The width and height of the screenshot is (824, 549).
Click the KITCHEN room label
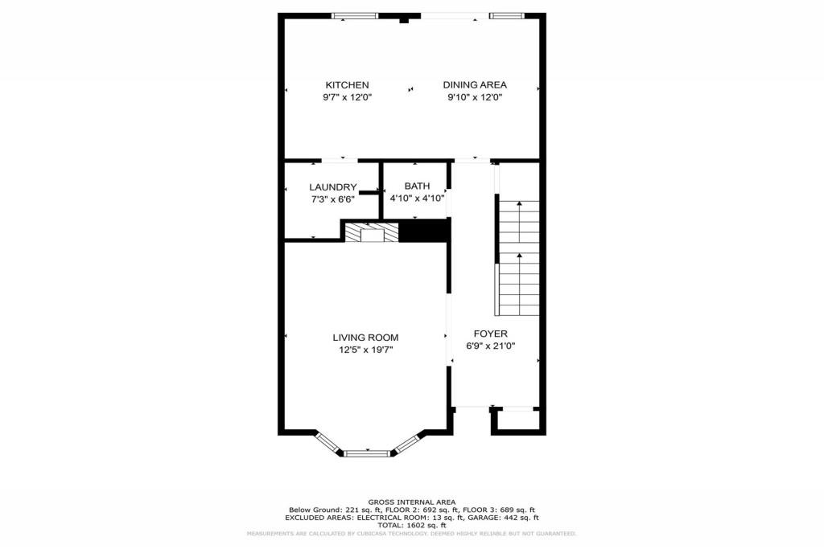[347, 85]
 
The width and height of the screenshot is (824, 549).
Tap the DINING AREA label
[475, 85]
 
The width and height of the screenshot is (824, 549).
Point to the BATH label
[417, 186]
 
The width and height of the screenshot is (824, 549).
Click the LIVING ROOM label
[366, 338]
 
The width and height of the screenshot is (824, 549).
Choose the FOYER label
[490, 334]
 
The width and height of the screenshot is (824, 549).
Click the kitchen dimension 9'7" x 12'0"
[347, 97]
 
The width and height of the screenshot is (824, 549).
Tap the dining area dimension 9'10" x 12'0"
[475, 97]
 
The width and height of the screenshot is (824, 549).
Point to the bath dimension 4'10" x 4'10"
[417, 198]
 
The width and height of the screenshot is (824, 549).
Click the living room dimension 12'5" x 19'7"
[366, 350]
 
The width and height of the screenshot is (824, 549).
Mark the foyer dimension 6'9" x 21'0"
[490, 346]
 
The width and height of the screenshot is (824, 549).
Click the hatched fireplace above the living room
[372, 232]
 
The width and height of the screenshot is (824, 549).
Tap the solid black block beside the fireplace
[422, 231]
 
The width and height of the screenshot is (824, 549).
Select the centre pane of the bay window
[368, 453]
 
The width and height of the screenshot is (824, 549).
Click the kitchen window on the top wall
[355, 14]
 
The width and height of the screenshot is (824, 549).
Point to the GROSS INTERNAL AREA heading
[411, 501]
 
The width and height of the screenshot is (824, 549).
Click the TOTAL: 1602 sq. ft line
[411, 525]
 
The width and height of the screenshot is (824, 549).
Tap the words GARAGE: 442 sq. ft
[509, 518]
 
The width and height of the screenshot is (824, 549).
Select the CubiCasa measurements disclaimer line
[411, 534]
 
